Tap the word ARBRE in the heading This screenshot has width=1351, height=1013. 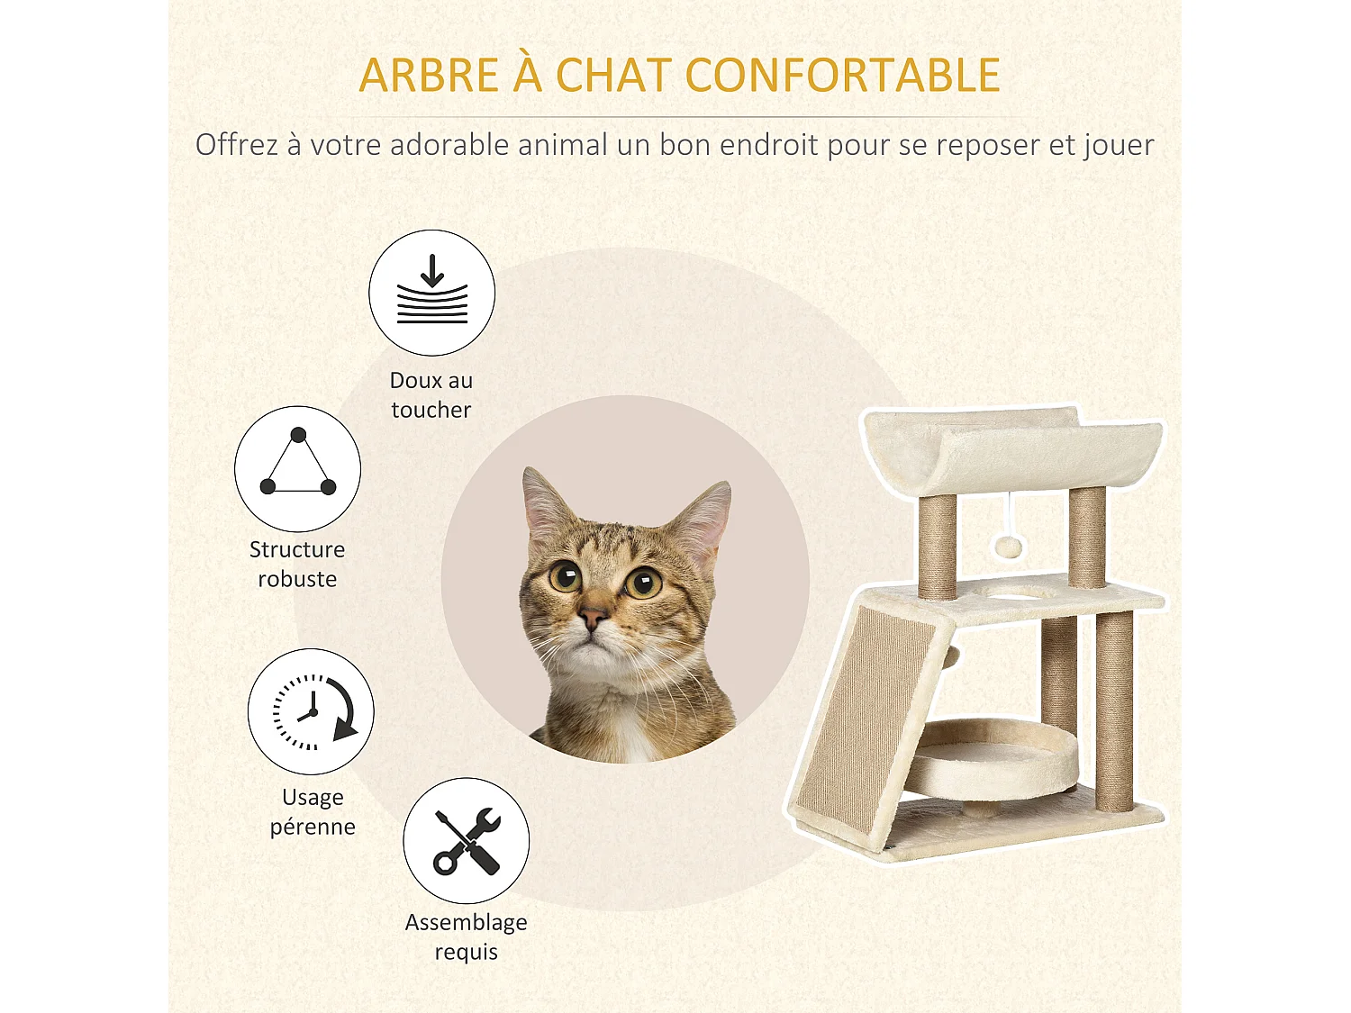(429, 76)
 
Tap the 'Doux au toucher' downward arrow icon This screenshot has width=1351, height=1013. (432, 293)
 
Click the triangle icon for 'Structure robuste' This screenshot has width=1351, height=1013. (298, 468)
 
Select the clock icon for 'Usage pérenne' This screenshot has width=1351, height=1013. (312, 711)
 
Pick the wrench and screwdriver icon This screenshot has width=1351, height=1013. (467, 841)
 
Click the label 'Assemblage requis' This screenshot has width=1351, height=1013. (466, 936)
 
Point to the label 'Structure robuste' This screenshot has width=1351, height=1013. (297, 564)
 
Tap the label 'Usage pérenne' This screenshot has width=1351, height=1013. (313, 811)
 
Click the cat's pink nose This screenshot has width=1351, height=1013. (592, 618)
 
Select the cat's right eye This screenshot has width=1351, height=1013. (644, 583)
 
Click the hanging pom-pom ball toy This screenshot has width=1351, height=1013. (1004, 546)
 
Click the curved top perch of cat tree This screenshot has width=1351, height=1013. (1009, 450)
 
